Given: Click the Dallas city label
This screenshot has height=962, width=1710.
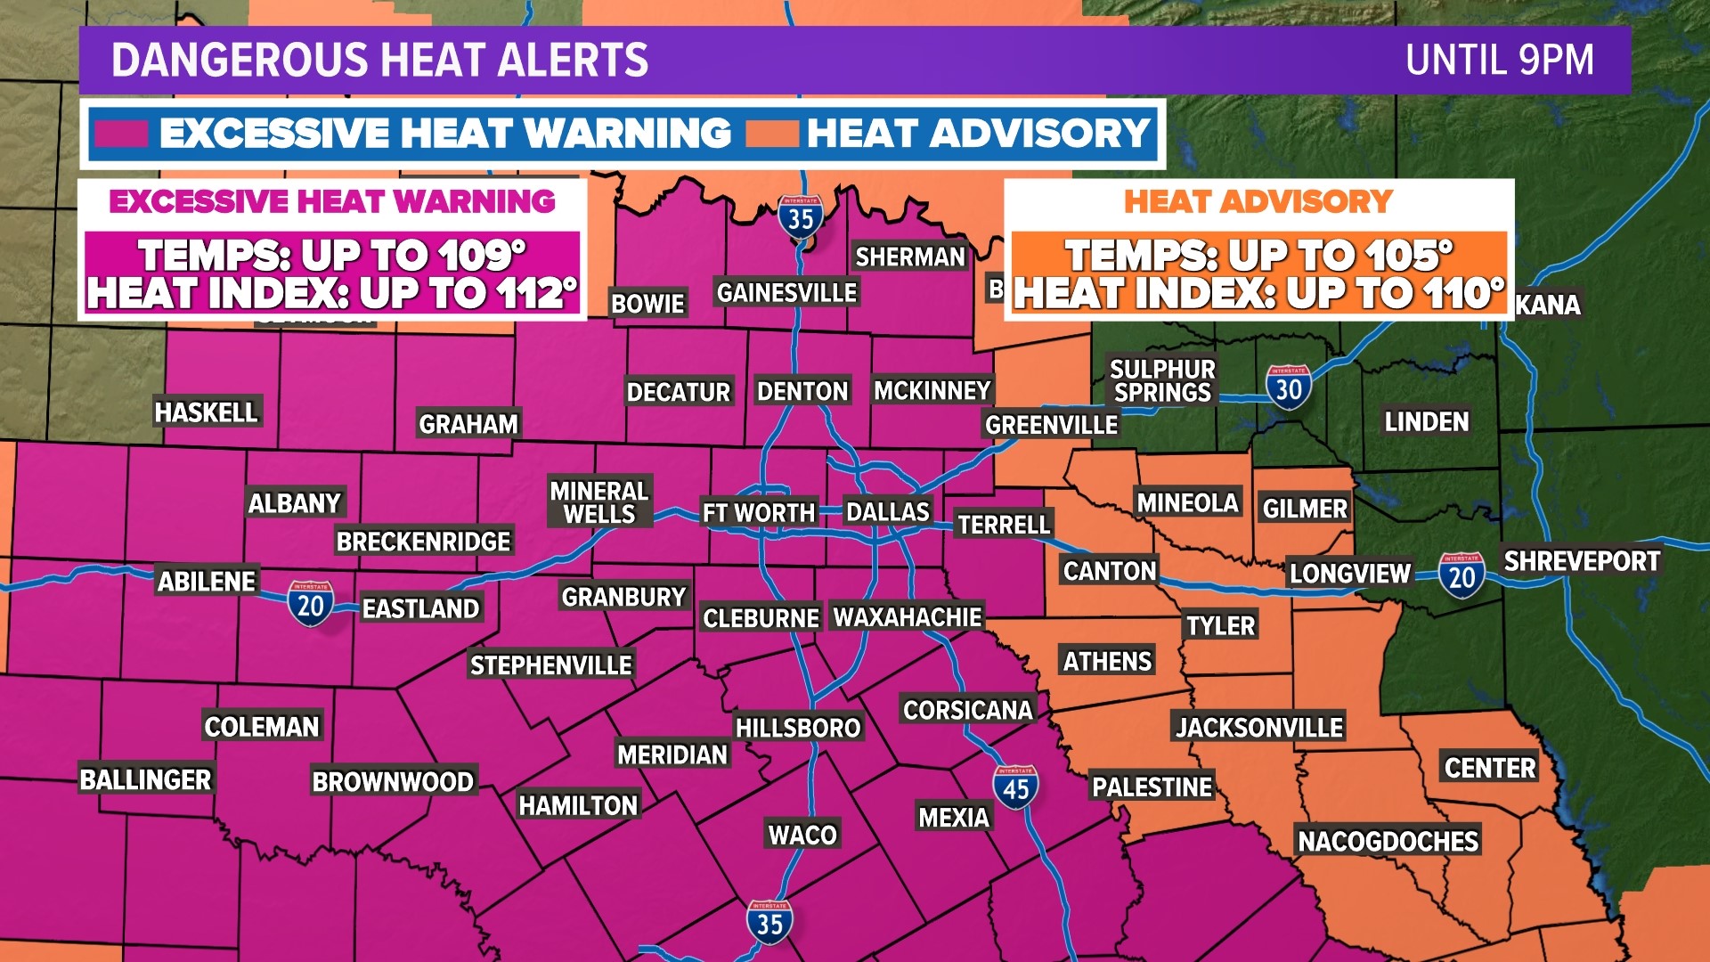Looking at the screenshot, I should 887,512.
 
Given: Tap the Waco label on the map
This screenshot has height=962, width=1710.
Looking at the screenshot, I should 802,835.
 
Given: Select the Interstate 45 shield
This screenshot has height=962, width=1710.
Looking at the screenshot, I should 1015,787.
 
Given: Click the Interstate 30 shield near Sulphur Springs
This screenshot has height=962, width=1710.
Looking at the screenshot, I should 1288,387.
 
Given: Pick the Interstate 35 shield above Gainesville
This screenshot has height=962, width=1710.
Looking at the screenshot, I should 800,216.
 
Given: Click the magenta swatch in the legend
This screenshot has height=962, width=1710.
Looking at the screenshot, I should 121,134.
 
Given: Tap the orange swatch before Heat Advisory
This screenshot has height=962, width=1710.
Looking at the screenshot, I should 771,134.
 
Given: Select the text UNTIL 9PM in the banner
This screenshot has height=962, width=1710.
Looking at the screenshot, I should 1499,61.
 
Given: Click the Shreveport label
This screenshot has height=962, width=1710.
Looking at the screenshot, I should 1581,561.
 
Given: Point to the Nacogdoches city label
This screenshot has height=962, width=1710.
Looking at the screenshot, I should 1388,841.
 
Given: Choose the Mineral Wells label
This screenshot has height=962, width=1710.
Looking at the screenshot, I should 599,502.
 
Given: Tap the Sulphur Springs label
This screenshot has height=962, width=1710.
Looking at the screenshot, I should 1162,380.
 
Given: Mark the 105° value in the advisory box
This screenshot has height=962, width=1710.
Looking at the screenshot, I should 1405,256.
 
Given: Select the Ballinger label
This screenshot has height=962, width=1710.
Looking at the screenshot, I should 146,779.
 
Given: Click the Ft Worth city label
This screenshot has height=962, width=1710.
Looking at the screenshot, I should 759,513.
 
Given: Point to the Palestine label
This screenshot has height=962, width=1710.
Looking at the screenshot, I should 1152,787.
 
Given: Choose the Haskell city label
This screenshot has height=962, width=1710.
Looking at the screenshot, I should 206,412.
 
